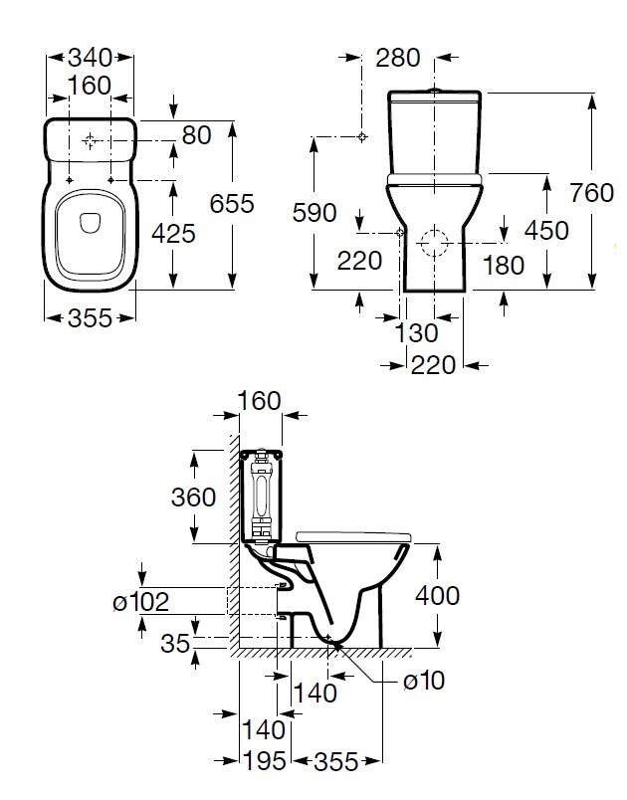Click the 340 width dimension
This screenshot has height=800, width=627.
[90, 58]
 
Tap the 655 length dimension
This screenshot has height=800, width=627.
[232, 204]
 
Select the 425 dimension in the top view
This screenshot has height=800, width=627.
[173, 234]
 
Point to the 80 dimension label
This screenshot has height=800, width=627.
[196, 135]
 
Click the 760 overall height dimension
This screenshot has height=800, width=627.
[592, 193]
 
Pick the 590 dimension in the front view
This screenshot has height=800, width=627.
[314, 213]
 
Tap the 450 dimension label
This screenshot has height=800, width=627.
[546, 231]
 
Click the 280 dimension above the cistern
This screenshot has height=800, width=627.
[398, 58]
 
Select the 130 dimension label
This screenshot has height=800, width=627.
[416, 333]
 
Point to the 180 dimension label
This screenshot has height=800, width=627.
[504, 266]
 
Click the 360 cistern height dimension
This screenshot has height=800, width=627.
[193, 498]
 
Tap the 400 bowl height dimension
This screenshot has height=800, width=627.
[437, 595]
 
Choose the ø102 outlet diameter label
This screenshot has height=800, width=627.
[140, 602]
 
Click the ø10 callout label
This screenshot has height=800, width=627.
[423, 681]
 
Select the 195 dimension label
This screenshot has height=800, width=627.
[264, 762]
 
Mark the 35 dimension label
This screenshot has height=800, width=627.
[175, 644]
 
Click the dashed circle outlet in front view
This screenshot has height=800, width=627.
[433, 242]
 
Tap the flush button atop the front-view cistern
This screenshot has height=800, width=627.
[435, 91]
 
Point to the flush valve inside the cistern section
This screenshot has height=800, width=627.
[262, 494]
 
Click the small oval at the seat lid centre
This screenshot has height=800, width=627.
[91, 223]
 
